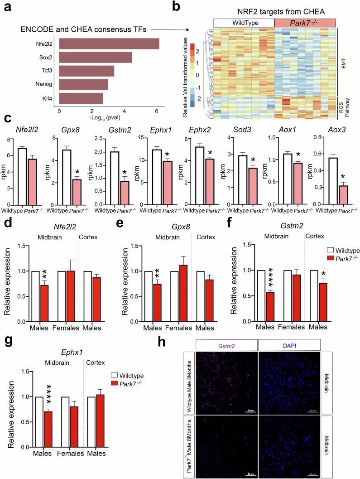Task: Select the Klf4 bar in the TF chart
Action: (x=81, y=98)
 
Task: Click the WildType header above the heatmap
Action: (x=243, y=22)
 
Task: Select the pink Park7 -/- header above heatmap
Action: (x=305, y=22)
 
